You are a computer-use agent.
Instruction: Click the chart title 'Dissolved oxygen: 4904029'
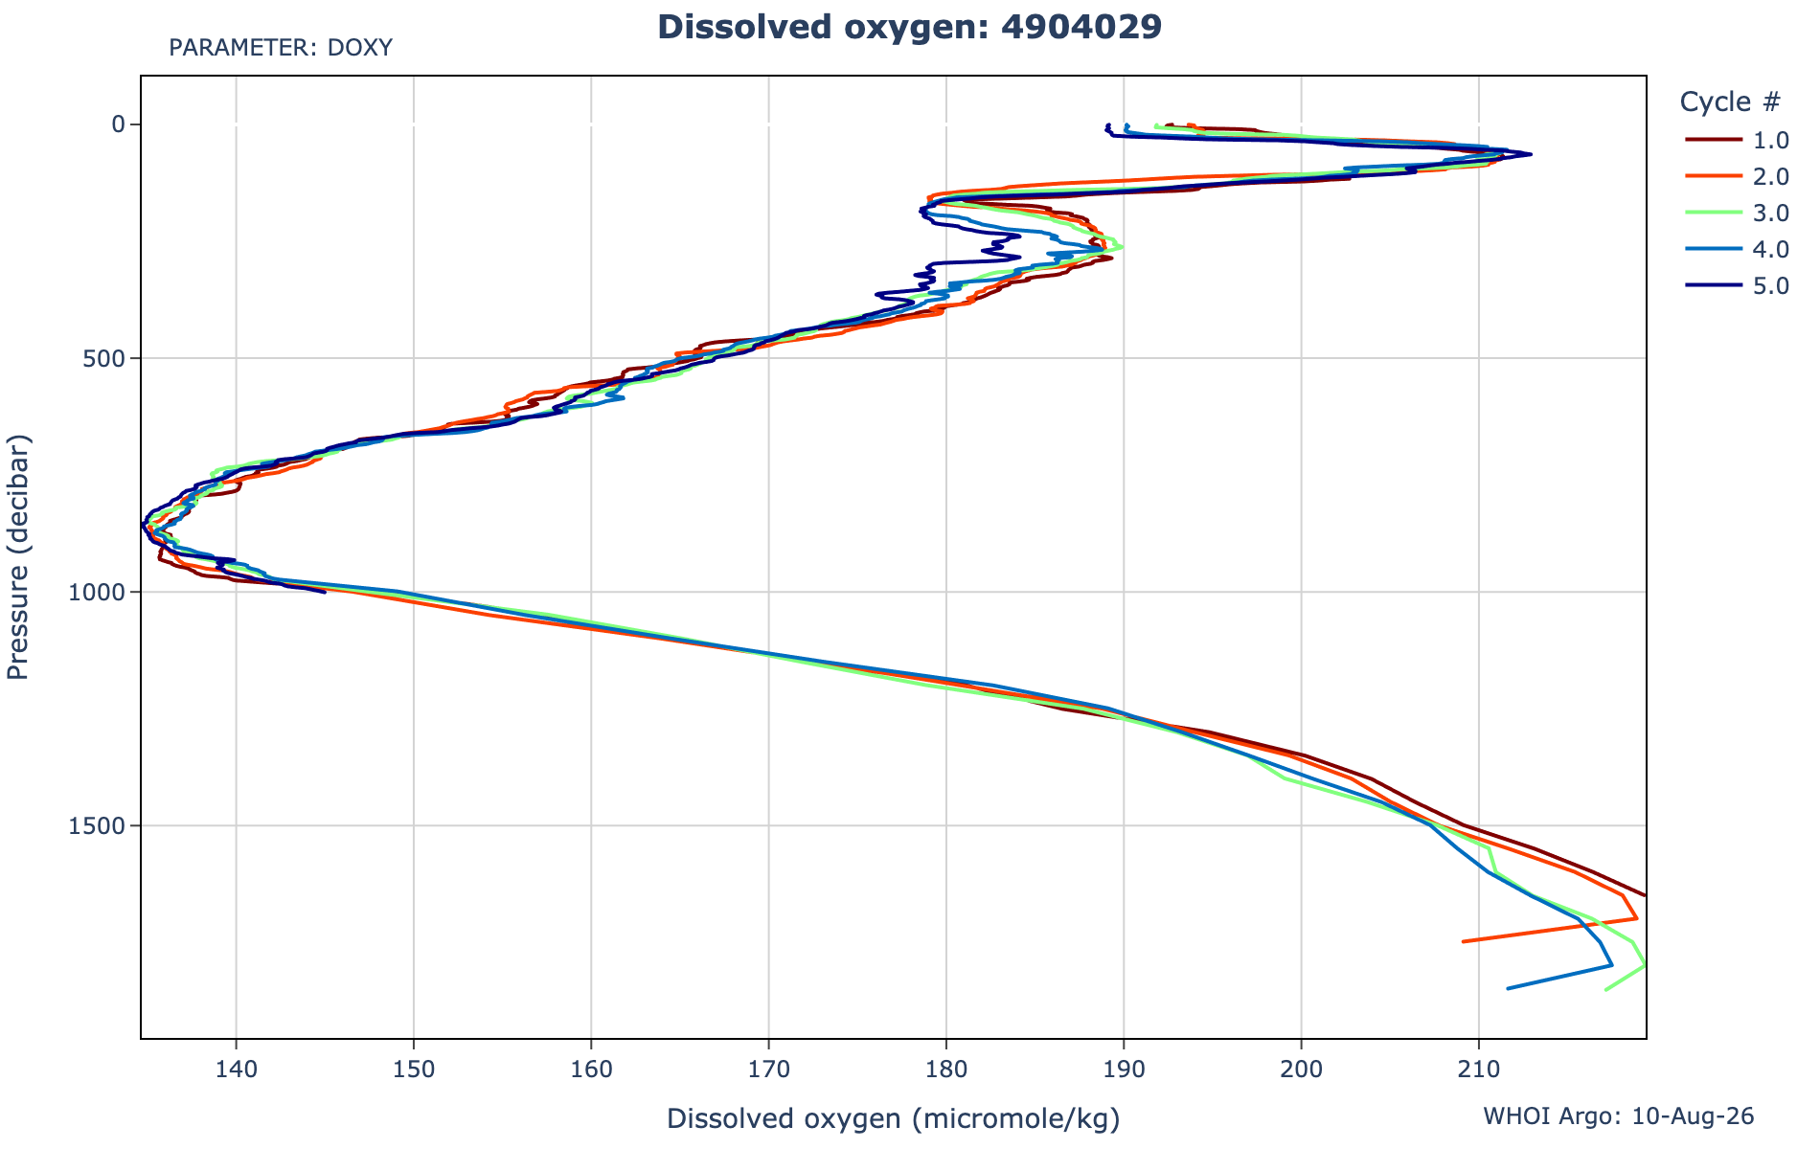pos(910,27)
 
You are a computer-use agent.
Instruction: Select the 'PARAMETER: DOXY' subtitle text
pos(281,48)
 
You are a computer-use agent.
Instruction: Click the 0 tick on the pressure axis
pos(121,124)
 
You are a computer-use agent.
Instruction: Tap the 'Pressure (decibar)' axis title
pos(18,557)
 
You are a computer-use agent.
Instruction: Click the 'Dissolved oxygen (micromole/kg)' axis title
pos(893,1118)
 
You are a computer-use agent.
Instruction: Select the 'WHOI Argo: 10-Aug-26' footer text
pos(1619,1116)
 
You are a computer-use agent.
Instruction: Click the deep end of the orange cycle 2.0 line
pos(1463,941)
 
